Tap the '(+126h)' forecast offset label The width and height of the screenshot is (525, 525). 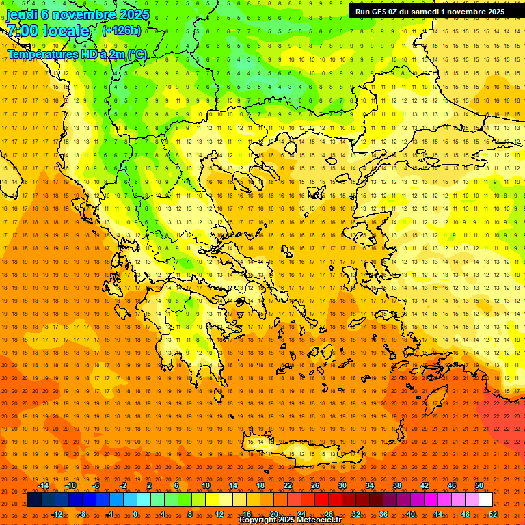pyautogui.click(x=121, y=30)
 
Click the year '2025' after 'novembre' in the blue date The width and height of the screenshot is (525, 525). pyautogui.click(x=134, y=14)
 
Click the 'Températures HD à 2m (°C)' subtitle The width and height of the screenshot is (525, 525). pyautogui.click(x=77, y=54)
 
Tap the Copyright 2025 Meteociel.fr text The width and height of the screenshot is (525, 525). pyautogui.click(x=290, y=520)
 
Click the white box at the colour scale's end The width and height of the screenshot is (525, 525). pyautogui.click(x=485, y=500)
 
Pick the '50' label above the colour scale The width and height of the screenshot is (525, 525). pyautogui.click(x=479, y=485)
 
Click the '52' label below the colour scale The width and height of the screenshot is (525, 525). pyautogui.click(x=493, y=514)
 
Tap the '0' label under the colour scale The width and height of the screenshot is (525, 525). pyautogui.click(x=135, y=514)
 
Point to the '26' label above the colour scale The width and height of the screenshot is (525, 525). pyautogui.click(x=315, y=485)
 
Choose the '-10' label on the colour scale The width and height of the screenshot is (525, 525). pyautogui.click(x=70, y=485)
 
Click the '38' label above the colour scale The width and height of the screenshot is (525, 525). pyautogui.click(x=397, y=485)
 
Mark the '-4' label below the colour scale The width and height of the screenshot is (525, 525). pyautogui.click(x=109, y=514)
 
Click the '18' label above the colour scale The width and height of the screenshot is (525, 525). pyautogui.click(x=260, y=485)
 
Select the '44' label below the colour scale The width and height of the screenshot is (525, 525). pyautogui.click(x=438, y=514)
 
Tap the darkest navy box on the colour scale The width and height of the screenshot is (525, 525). pyautogui.click(x=34, y=500)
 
